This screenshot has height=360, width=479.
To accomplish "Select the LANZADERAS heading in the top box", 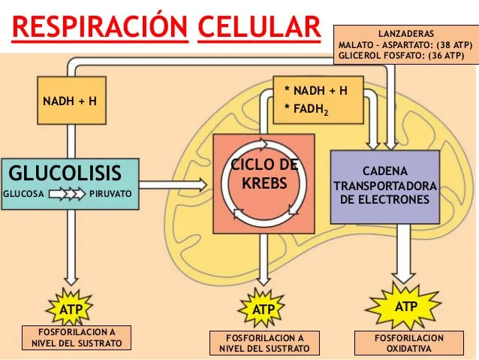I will (x=405, y=35).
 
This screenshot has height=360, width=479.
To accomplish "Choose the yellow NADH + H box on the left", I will (x=71, y=99).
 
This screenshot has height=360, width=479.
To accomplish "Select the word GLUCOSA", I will (x=25, y=194).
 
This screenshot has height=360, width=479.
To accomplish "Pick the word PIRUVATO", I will (x=110, y=194).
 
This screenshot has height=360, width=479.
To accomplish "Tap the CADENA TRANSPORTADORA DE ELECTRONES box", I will (x=384, y=186).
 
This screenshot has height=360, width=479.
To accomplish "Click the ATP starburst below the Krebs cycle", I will (x=264, y=308).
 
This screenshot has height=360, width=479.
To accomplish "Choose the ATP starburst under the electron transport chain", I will (x=405, y=307).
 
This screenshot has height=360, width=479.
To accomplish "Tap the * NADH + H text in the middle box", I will (x=315, y=91).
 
